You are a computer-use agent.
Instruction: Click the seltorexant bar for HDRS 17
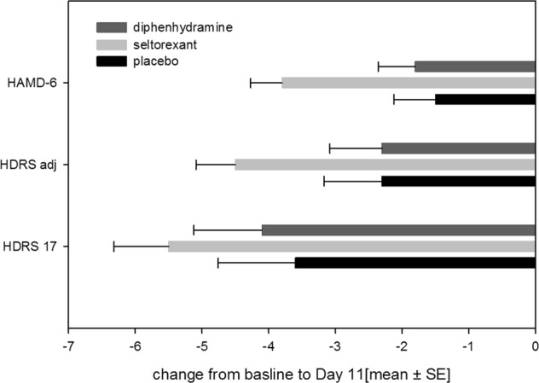[x=351, y=246]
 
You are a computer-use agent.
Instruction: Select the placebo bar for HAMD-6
[x=484, y=99]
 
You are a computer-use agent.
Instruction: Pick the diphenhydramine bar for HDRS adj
[x=458, y=148]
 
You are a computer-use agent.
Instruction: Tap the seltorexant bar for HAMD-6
[x=408, y=83]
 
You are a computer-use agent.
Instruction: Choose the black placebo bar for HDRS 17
[x=414, y=263]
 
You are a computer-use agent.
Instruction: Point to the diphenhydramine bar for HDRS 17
[x=398, y=229]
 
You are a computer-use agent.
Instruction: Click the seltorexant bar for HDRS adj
[x=385, y=165]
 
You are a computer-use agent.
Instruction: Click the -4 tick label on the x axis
[x=269, y=345]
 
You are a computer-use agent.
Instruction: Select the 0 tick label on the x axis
[x=535, y=345]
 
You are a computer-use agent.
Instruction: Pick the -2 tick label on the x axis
[x=402, y=345]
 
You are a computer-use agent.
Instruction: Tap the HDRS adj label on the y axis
[x=32, y=165]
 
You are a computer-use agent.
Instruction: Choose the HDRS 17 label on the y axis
[x=33, y=247]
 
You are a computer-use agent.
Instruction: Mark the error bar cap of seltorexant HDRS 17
[x=113, y=246]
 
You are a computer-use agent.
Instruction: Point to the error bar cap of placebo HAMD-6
[x=393, y=99]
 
